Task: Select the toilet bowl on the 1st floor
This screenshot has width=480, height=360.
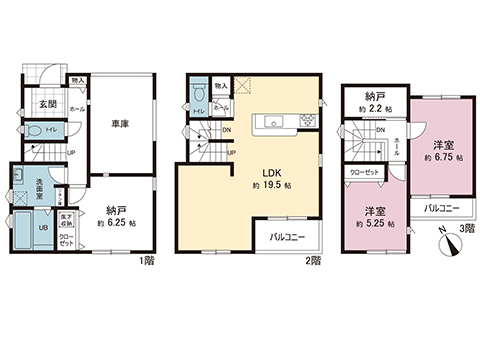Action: (36, 131)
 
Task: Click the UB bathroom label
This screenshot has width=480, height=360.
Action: (28, 227)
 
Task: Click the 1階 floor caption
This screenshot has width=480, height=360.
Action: (144, 261)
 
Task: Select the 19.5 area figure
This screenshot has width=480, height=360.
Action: (272, 187)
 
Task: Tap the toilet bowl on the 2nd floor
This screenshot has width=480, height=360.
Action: (199, 93)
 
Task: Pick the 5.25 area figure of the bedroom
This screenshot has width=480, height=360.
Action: (376, 224)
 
